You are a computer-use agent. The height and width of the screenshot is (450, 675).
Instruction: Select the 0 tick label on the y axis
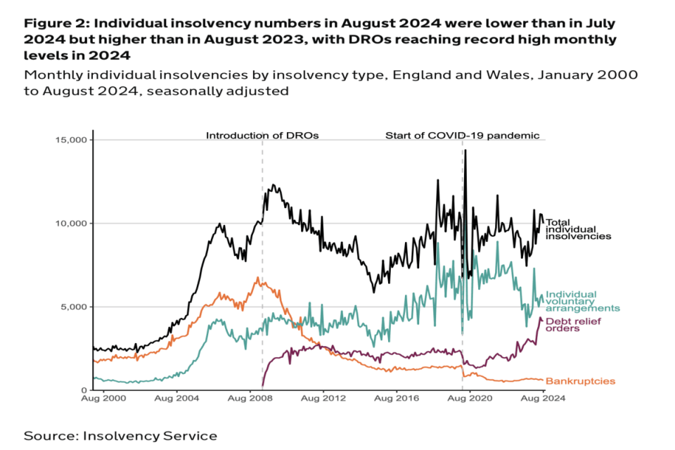point(84,390)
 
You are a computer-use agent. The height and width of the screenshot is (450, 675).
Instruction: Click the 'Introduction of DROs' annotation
point(262,135)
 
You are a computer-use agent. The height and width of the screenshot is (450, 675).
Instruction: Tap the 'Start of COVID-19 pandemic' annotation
point(462,135)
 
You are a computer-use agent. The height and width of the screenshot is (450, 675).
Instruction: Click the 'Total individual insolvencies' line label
point(578,229)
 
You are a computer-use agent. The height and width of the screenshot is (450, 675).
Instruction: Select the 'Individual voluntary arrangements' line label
point(582,301)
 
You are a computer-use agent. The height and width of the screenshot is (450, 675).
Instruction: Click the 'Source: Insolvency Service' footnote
point(120,436)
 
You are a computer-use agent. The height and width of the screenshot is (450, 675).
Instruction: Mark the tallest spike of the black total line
point(465,150)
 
